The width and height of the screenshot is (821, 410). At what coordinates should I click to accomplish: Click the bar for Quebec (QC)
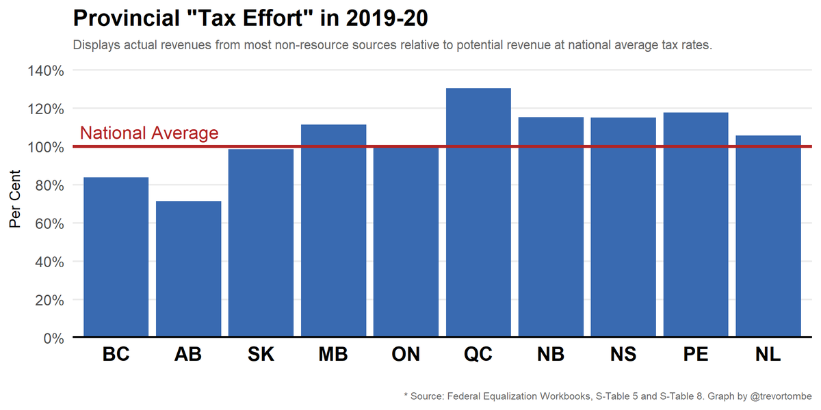point(478,213)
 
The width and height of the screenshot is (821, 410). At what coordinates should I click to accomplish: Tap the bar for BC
point(116,257)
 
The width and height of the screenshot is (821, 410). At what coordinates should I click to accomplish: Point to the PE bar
point(696,225)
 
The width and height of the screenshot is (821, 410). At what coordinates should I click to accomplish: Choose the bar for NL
point(768,236)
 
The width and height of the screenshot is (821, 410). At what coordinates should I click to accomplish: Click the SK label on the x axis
point(261,355)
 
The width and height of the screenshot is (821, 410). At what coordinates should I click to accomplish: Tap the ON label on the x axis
point(406,355)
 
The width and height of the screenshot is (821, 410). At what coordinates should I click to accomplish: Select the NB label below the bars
point(551,355)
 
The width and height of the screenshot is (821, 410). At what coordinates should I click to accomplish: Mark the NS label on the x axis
point(623,355)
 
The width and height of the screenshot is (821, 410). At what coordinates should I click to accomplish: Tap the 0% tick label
point(54,338)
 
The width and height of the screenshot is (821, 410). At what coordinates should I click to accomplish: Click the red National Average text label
point(149,133)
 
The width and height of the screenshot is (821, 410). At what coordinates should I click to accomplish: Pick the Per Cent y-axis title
point(15,199)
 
